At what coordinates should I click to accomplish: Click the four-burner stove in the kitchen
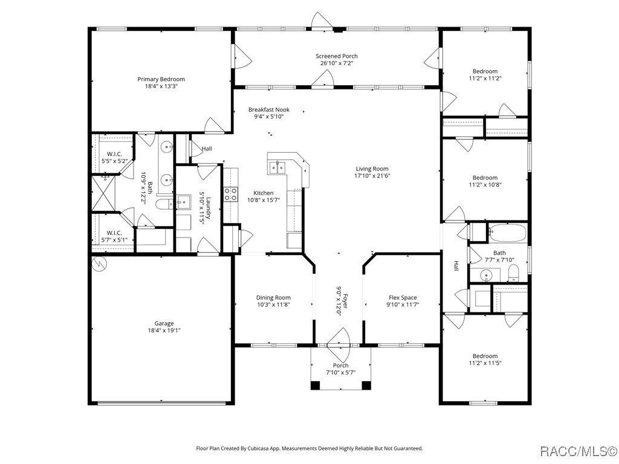click(231, 194)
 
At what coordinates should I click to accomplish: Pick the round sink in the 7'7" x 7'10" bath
click(488, 276)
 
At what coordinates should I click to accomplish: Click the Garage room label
click(163, 323)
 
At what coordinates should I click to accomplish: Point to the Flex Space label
click(402, 297)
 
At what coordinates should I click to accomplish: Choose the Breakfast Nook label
click(269, 110)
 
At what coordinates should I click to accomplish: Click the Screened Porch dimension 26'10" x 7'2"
click(336, 63)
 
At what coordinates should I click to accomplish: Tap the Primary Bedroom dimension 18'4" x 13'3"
click(161, 86)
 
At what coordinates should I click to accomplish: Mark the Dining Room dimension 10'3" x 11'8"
click(273, 305)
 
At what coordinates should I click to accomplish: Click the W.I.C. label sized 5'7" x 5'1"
click(115, 233)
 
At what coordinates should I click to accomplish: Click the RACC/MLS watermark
click(577, 451)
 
